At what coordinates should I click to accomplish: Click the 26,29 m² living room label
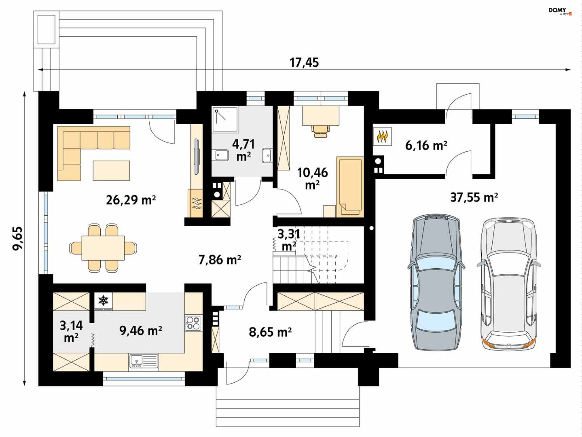click(131, 200)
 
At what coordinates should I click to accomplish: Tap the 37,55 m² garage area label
click(474, 197)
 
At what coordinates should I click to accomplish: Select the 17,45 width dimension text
click(304, 62)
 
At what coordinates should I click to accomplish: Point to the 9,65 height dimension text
click(18, 238)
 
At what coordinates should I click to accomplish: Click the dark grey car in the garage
click(436, 282)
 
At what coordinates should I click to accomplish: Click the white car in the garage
click(508, 284)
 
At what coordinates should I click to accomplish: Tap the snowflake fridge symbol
click(103, 301)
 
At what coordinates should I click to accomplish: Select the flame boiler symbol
click(382, 136)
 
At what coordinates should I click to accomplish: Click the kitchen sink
click(144, 361)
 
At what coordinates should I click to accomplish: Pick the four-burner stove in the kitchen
click(193, 323)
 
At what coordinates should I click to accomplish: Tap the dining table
click(103, 248)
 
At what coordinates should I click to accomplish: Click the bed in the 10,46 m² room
click(350, 187)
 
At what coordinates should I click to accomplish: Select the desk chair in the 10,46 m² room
click(320, 131)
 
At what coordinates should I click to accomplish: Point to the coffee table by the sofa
click(112, 171)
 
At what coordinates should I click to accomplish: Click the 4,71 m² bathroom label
click(243, 150)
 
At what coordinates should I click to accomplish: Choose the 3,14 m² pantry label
click(71, 331)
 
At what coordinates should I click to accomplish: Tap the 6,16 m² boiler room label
click(426, 146)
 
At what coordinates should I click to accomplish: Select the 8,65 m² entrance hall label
click(270, 332)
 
